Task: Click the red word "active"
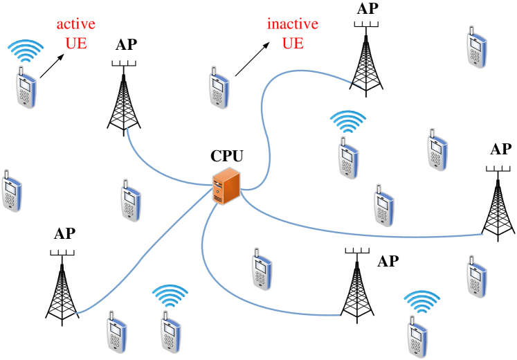click(76, 24)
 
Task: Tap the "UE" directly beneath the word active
click(76, 43)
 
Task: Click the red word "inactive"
click(293, 24)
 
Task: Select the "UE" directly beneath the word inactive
click(293, 43)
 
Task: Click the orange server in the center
click(226, 186)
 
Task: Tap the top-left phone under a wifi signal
click(26, 87)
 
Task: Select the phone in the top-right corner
click(476, 47)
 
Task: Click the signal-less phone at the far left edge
click(12, 190)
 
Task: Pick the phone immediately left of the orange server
click(131, 201)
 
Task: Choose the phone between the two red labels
click(219, 88)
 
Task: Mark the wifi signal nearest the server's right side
click(347, 122)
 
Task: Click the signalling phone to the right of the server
click(348, 158)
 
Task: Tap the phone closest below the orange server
click(261, 269)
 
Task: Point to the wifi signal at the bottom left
click(170, 296)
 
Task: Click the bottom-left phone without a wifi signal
click(117, 332)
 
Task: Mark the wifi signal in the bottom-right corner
click(422, 302)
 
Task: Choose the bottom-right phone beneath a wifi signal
click(417, 336)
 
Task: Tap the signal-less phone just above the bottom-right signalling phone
click(476, 276)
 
